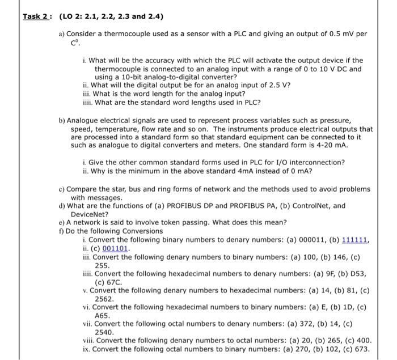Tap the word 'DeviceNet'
click(89, 214)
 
